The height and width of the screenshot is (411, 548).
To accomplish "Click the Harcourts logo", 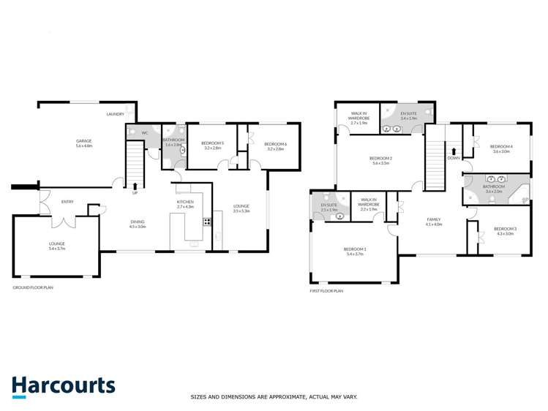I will (63, 386).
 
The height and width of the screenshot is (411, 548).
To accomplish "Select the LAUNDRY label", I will (115, 114).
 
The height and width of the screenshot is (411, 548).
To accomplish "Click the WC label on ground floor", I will (145, 133).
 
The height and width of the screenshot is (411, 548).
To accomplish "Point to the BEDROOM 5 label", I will (213, 144).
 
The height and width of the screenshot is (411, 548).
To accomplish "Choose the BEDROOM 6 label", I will (275, 145).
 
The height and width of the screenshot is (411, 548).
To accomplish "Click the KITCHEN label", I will (185, 203).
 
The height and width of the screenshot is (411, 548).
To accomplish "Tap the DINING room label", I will (138, 223).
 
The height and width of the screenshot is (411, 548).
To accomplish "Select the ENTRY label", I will (67, 202).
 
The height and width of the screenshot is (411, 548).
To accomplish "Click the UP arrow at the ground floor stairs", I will (135, 186).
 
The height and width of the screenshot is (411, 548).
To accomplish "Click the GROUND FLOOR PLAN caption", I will (33, 287).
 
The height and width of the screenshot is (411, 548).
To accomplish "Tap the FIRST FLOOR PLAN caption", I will (326, 290).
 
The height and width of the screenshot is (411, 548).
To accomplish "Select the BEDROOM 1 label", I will (355, 250).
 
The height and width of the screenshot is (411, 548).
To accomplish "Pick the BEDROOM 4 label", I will (501, 148).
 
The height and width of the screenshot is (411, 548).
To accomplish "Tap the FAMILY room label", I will (434, 220).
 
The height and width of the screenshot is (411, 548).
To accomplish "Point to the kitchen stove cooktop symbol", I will (207, 222).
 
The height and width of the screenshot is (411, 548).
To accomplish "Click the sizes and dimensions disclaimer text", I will (274, 397).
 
